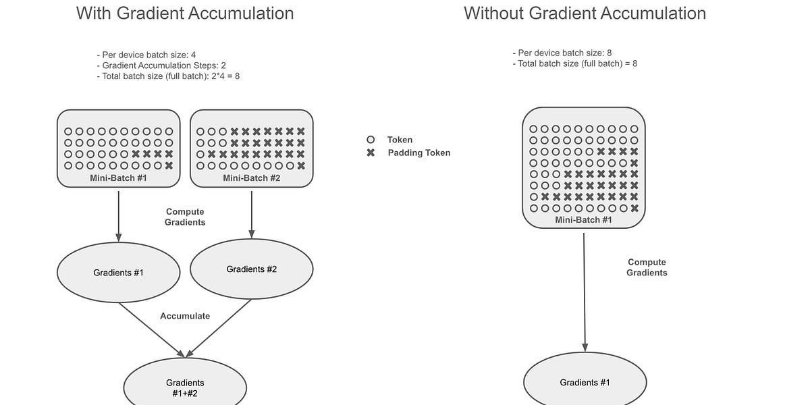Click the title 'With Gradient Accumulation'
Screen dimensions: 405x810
click(x=185, y=13)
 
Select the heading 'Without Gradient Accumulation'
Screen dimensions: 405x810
click(x=585, y=13)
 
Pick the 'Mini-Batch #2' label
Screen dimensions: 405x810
click(x=251, y=178)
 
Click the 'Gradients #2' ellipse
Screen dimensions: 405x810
click(x=251, y=269)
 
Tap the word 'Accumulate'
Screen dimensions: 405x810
click(x=185, y=316)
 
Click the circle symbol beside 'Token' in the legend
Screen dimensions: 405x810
click(x=371, y=140)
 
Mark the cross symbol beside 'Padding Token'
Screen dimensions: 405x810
click(x=371, y=153)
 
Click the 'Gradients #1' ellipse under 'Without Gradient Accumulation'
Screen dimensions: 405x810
click(x=585, y=383)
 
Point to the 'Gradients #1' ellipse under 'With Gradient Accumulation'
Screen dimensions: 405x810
click(x=118, y=273)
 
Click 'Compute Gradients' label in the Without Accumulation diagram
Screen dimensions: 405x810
click(x=647, y=267)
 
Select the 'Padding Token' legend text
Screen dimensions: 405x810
click(x=418, y=153)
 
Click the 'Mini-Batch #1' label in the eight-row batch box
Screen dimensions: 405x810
click(x=583, y=220)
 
